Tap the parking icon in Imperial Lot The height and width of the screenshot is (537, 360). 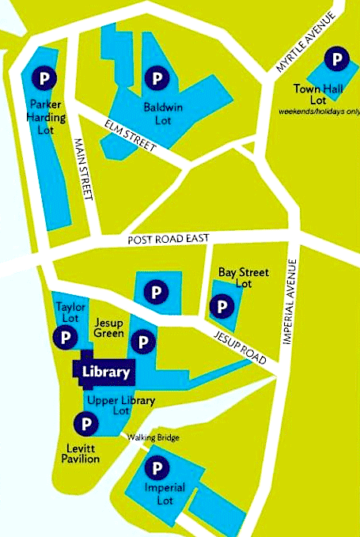(157, 469)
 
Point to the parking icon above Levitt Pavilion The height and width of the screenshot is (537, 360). (82, 425)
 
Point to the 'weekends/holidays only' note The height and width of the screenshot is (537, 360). (318, 111)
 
